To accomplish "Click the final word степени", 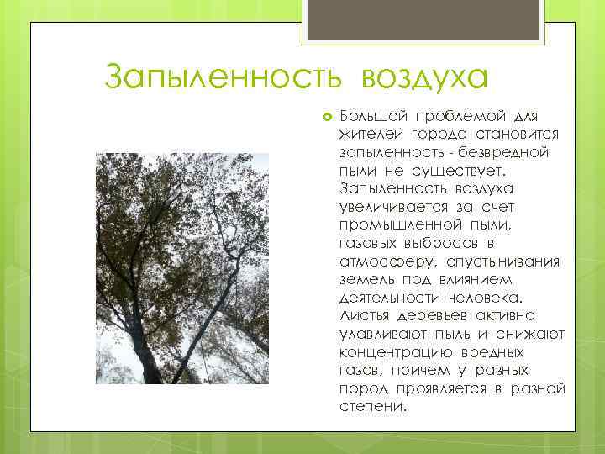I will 372,406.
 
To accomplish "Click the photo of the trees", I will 182,268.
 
